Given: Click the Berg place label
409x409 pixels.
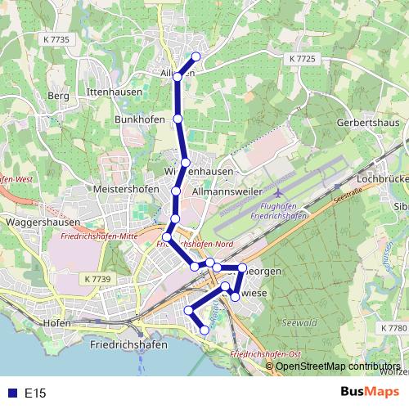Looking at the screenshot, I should [59, 96].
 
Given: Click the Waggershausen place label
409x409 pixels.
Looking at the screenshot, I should [42, 222].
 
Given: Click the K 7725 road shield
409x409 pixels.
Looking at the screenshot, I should [302, 60].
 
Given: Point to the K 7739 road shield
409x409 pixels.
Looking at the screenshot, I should [97, 279].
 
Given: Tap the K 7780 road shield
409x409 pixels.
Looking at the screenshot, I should [393, 327].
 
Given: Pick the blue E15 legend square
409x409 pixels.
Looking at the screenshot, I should [11, 393].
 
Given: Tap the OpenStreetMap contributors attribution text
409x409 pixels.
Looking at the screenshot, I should [338, 366].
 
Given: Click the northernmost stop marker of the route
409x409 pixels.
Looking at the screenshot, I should [196, 56].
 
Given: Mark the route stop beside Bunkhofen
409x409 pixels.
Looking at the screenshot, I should [178, 119].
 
